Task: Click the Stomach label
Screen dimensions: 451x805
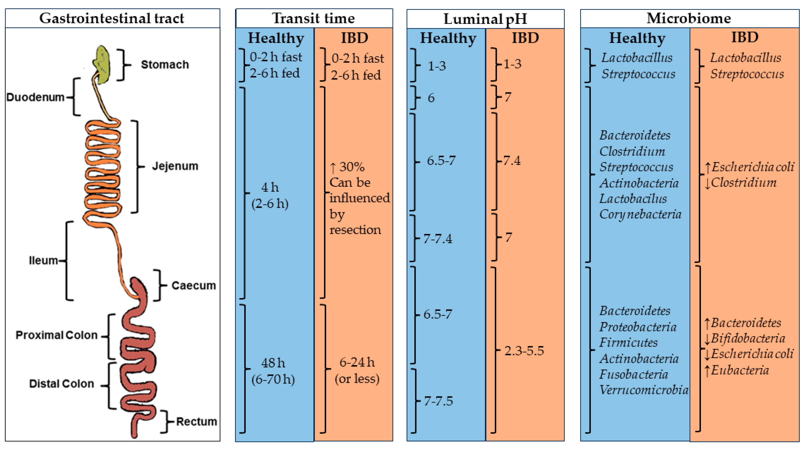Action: pyautogui.click(x=165, y=65)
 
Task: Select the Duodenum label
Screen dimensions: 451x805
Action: pyautogui.click(x=35, y=97)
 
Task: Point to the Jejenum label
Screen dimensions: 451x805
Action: pyautogui.click(x=175, y=166)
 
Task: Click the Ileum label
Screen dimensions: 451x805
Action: pyautogui.click(x=43, y=260)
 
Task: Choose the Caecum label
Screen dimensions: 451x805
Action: pyautogui.click(x=193, y=285)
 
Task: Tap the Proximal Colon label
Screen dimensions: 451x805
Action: pyautogui.click(x=57, y=335)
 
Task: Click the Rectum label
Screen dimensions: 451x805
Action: pyautogui.click(x=196, y=422)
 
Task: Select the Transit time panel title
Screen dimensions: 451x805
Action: pyautogui.click(x=313, y=18)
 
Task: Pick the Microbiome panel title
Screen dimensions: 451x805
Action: pyautogui.click(x=689, y=18)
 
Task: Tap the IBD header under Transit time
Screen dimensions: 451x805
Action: pyautogui.click(x=354, y=38)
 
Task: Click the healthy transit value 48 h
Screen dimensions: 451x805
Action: pyautogui.click(x=273, y=363)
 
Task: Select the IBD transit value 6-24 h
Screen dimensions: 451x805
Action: pyautogui.click(x=357, y=362)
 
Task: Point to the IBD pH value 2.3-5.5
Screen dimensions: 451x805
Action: pyautogui.click(x=524, y=351)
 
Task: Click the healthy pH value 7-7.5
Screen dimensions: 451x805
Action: pyautogui.click(x=438, y=401)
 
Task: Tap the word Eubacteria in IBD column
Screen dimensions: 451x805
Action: pyautogui.click(x=740, y=370)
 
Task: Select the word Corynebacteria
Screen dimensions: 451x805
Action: pyautogui.click(x=640, y=214)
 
